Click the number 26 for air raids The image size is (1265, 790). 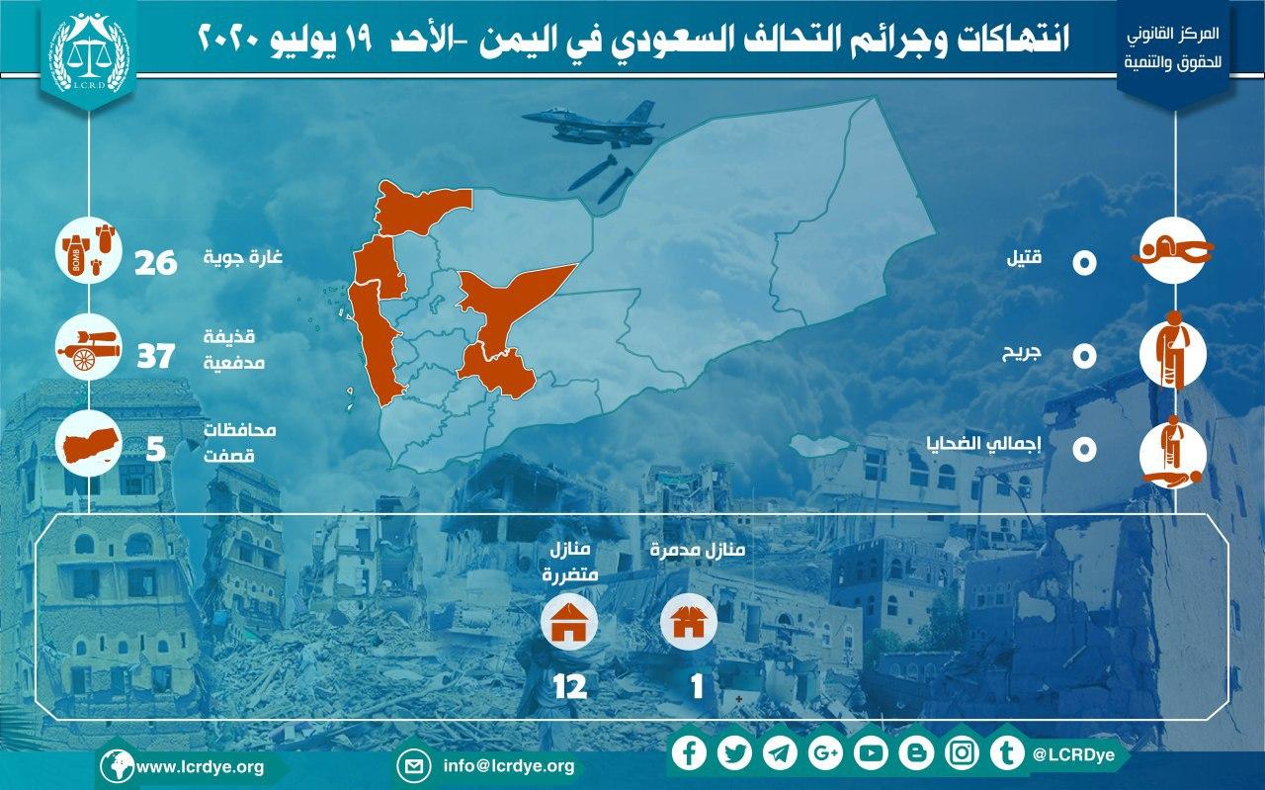point(156,263)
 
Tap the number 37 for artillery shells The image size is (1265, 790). point(156,357)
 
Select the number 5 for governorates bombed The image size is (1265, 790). point(155,450)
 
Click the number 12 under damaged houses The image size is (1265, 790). point(570,686)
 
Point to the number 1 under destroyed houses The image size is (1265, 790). point(697,686)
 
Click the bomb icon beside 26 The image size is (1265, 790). point(89,250)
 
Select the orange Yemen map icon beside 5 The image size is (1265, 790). point(89,444)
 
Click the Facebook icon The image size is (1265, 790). point(689,753)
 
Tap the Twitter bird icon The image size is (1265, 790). point(734,753)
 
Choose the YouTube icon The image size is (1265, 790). point(871,753)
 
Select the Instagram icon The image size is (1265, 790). point(962,753)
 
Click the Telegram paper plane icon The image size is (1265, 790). point(780,753)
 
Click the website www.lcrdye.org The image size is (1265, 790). point(200,767)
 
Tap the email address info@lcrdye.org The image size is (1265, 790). point(509,766)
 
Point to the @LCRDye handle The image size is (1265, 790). point(1073,755)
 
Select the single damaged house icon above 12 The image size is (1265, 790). point(569,622)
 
